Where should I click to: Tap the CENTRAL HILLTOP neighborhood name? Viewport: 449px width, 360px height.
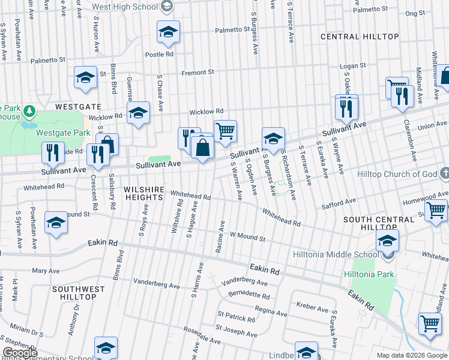point(360,37)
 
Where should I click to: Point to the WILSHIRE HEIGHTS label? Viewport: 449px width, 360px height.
point(144,195)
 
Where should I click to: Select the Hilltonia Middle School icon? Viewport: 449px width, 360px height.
point(387,241)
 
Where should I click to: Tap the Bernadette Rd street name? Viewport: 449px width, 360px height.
point(249,295)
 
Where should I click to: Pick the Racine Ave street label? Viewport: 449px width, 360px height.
point(221,232)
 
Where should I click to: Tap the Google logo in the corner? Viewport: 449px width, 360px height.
point(20,353)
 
